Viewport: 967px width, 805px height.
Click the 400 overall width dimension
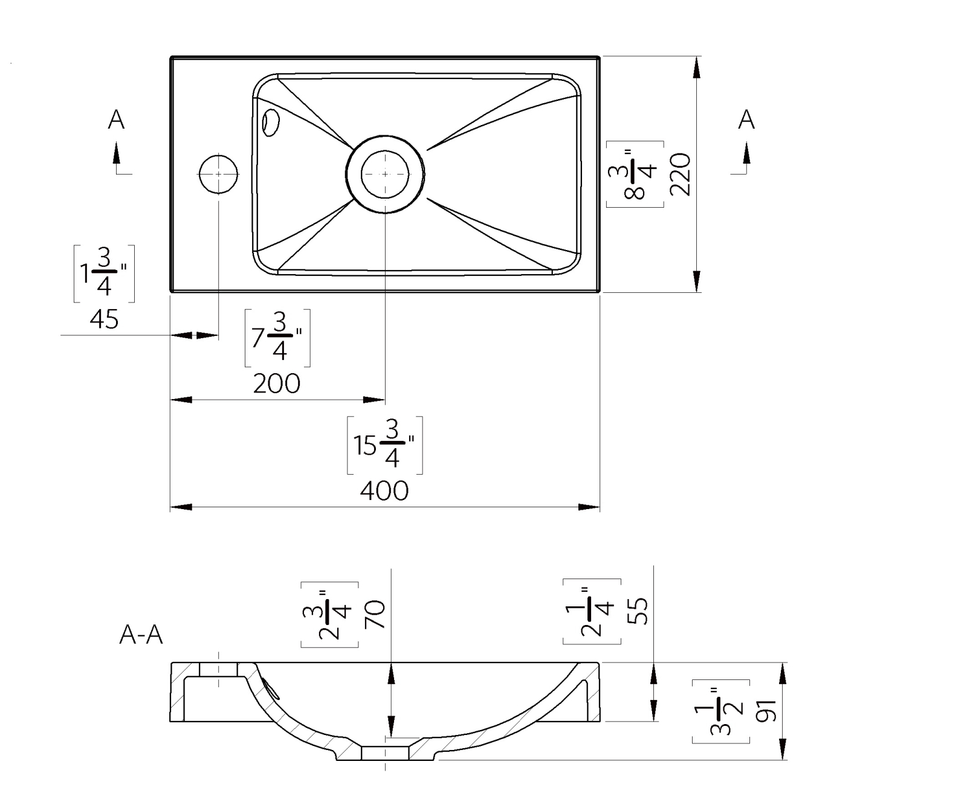(x=384, y=491)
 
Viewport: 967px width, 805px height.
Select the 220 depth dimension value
(x=681, y=174)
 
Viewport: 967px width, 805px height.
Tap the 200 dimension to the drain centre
(x=276, y=384)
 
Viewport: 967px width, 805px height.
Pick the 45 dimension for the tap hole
(x=104, y=319)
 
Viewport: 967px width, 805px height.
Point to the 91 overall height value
(x=766, y=711)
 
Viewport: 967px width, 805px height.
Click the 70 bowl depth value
(x=375, y=615)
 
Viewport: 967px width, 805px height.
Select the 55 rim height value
(x=638, y=611)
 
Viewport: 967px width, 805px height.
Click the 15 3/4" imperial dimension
(x=384, y=446)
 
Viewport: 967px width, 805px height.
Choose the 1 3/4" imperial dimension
(x=104, y=274)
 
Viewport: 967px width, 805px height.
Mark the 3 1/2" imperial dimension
(x=721, y=711)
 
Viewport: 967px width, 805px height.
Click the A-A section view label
(x=141, y=635)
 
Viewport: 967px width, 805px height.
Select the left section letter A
(x=116, y=120)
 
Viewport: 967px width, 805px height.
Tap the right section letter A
(x=746, y=120)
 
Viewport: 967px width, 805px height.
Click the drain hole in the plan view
(x=385, y=174)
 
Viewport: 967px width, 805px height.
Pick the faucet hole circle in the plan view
(x=218, y=175)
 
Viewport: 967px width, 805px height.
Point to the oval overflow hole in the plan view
(x=270, y=122)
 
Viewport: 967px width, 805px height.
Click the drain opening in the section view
(x=386, y=753)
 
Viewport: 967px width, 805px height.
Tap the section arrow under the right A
(x=746, y=155)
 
